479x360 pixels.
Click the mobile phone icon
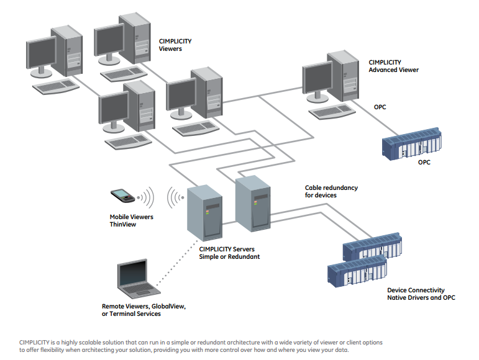tap(122, 196)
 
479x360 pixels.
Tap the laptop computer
tap(139, 279)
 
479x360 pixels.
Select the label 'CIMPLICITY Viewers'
tap(175, 45)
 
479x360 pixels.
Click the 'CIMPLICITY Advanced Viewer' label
tap(393, 66)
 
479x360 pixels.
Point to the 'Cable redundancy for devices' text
tap(331, 191)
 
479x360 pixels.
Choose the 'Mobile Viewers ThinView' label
tap(131, 220)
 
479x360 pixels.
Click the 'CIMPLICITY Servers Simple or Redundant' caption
tap(229, 253)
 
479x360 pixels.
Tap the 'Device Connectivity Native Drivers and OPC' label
tap(421, 294)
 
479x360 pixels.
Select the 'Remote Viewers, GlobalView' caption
tap(144, 306)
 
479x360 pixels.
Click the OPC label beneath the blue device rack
tap(424, 162)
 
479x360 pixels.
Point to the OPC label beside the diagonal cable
tap(380, 107)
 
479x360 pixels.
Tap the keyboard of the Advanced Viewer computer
tap(332, 112)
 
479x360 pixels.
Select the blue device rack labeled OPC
tap(412, 143)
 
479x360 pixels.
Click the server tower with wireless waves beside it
tap(204, 213)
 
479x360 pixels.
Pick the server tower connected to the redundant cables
tap(253, 204)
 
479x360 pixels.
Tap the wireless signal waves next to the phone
tap(147, 198)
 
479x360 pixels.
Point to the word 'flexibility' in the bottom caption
tap(53, 350)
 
